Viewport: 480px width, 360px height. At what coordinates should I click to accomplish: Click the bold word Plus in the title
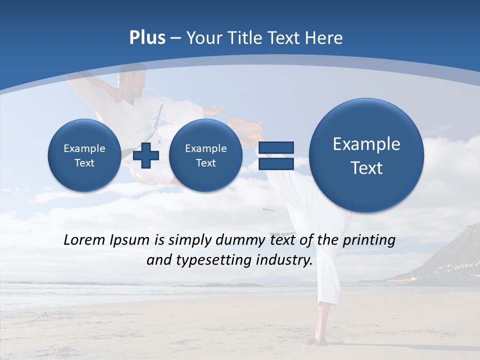point(147,38)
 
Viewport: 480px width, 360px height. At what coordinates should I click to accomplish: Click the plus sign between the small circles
point(146,155)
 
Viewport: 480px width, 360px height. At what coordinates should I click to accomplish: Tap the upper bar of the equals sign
point(276,147)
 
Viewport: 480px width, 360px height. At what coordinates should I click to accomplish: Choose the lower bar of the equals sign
point(276,163)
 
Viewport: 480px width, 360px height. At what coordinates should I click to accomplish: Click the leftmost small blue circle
point(84,155)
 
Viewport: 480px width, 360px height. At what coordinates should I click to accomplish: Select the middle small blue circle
point(205,155)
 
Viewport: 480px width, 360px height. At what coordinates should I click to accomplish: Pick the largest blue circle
point(366,155)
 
